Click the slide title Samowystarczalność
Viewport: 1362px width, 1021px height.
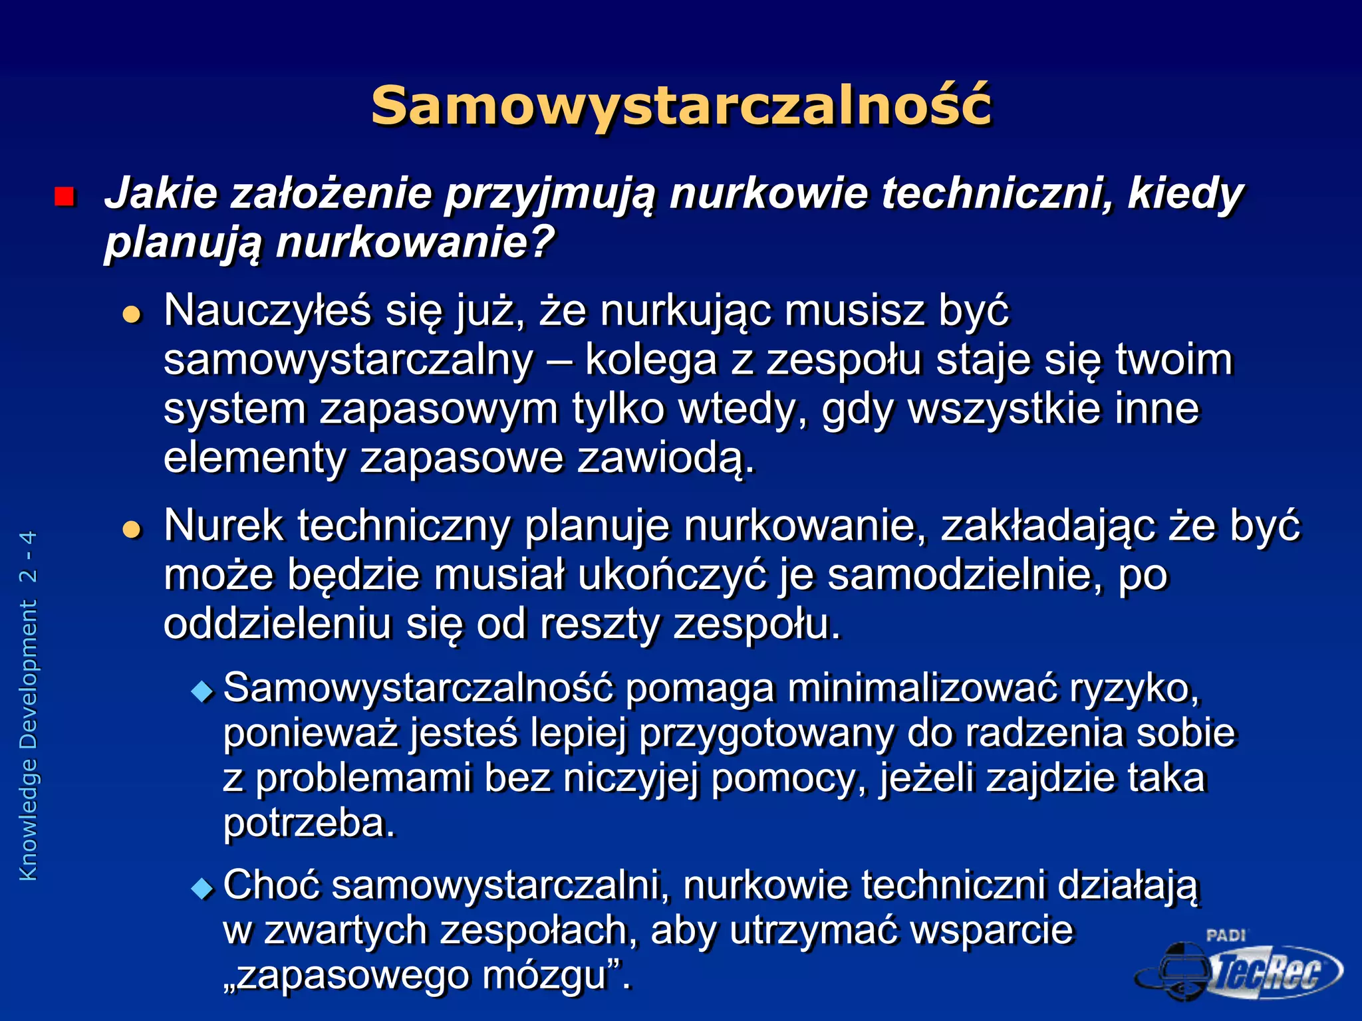coord(681,106)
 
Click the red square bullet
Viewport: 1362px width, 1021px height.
coord(65,197)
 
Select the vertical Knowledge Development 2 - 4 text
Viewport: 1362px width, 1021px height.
coord(29,705)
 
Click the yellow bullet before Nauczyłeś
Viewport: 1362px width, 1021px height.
coord(132,314)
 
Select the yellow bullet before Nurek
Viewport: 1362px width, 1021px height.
coord(132,529)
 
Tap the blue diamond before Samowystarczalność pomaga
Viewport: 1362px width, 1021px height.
coord(202,691)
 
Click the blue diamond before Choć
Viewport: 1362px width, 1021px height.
coord(202,888)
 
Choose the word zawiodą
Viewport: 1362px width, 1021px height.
coord(666,459)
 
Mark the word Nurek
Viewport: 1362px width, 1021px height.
coord(223,526)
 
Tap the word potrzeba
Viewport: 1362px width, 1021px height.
coord(309,824)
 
